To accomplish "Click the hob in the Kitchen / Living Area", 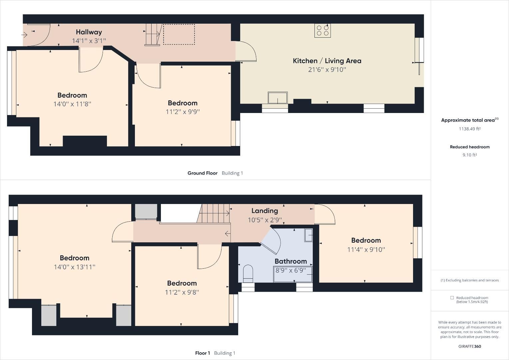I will point(322,31).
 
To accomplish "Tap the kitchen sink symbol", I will point(277,98).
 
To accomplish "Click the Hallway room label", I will point(89,32).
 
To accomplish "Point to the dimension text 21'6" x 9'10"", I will point(327,70).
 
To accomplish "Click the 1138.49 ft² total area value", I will point(469,129).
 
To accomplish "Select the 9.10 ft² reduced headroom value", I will point(469,155).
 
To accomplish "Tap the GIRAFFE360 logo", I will point(469,346).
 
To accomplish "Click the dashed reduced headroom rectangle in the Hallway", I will point(179,34).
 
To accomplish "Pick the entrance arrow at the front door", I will point(25,35).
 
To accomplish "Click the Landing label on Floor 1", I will point(264,211).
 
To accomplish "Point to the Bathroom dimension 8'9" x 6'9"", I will point(290,270).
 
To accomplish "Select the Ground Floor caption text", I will point(202,173).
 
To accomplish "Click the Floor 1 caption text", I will point(203,353).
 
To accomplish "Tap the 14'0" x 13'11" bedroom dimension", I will point(74,267).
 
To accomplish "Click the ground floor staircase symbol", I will point(153,34).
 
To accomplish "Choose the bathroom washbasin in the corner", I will point(308,235).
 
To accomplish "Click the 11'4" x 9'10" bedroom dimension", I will point(366,249).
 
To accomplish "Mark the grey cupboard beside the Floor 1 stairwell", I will point(146,211).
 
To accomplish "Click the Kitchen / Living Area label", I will point(327,61).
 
